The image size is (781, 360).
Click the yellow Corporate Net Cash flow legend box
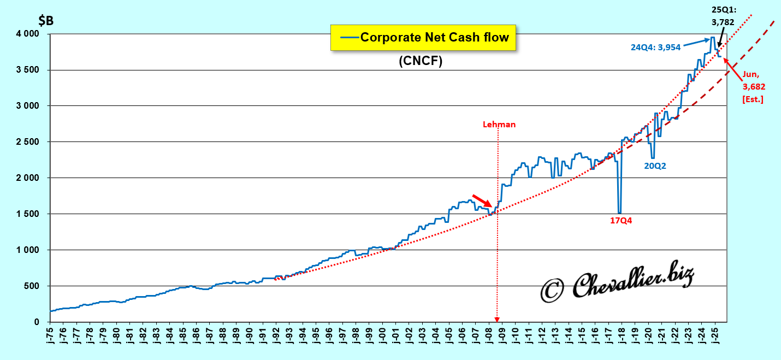pos(423,38)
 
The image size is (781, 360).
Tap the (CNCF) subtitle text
pos(420,61)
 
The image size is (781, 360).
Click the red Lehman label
pos(499,125)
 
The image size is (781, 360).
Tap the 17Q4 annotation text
pos(620,221)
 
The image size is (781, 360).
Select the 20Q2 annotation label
pos(655,166)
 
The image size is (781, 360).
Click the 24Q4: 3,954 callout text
pos(655,48)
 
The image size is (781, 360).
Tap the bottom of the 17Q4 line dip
pos(619,213)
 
